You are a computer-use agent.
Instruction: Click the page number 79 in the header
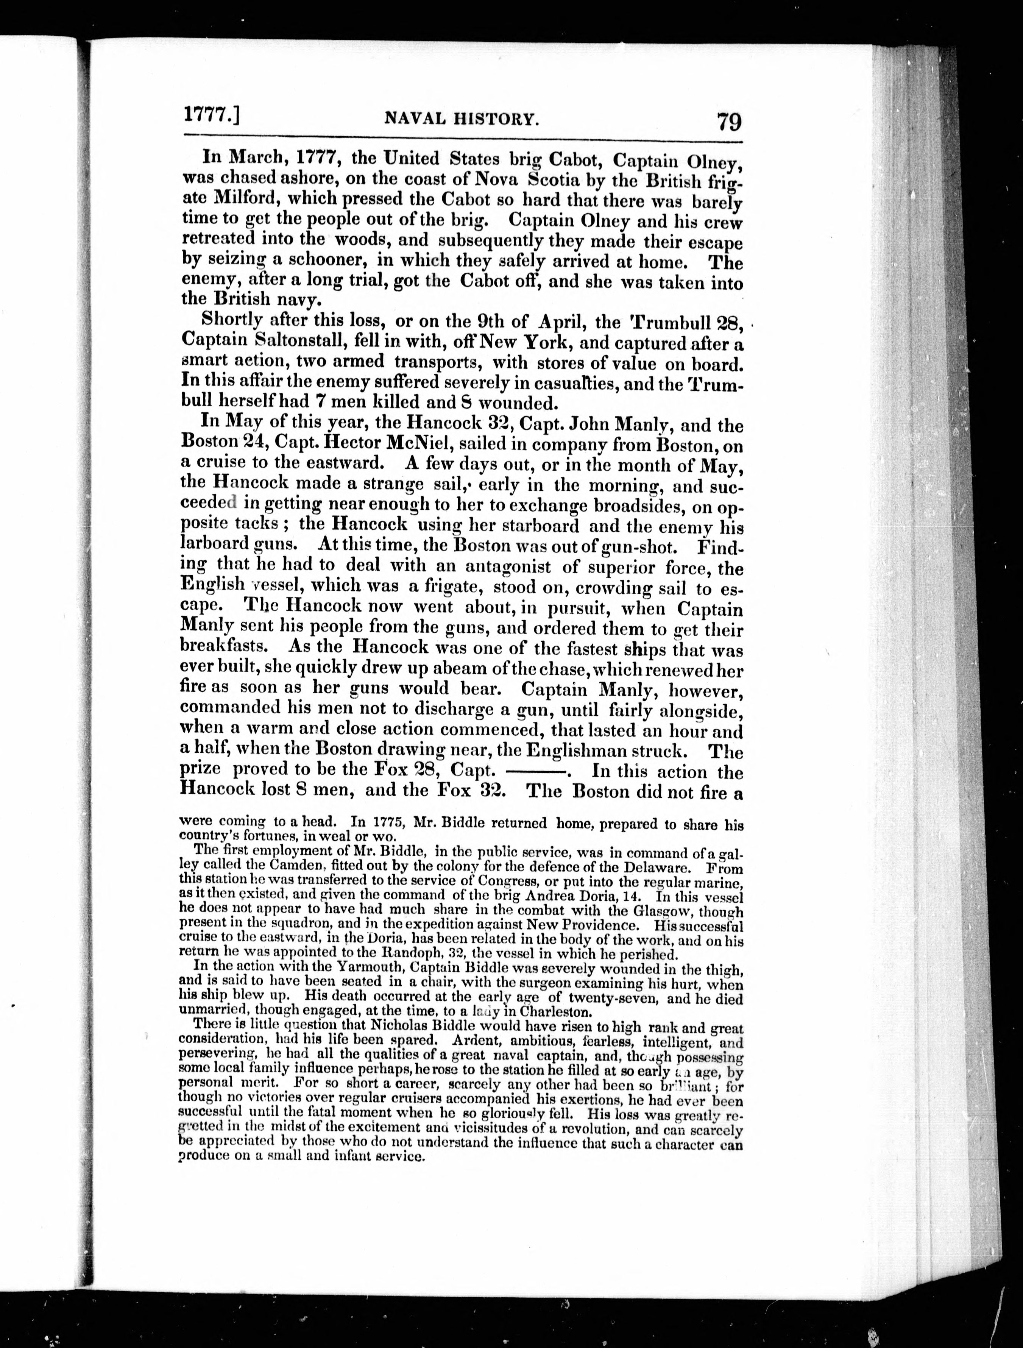(729, 121)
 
